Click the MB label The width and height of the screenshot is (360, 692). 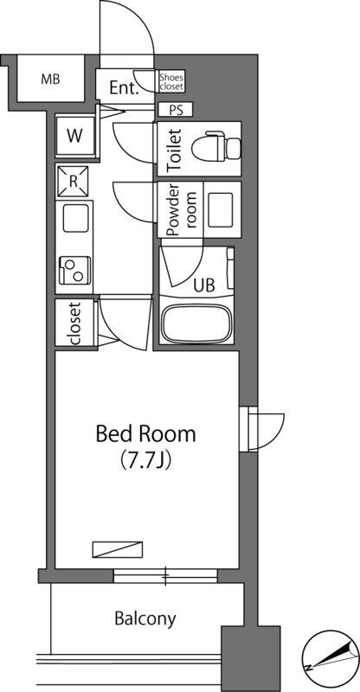[50, 80]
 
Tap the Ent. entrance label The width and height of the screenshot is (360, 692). [124, 88]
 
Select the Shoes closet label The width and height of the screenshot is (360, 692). [171, 81]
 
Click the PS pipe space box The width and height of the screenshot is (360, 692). [176, 110]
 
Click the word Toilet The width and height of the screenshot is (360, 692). [176, 150]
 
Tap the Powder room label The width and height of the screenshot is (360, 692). [182, 210]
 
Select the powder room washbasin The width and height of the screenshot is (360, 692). [221, 209]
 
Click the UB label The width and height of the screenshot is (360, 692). [204, 285]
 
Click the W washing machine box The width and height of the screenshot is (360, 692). [75, 136]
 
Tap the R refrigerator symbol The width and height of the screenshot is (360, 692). [73, 182]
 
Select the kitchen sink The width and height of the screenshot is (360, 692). [75, 219]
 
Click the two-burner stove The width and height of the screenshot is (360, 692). [74, 270]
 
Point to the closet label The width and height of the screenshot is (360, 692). [74, 323]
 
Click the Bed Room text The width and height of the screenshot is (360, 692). [145, 434]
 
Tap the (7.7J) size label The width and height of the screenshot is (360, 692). [146, 460]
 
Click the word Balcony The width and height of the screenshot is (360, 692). [145, 619]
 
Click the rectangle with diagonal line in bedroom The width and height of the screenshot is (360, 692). [118, 549]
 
